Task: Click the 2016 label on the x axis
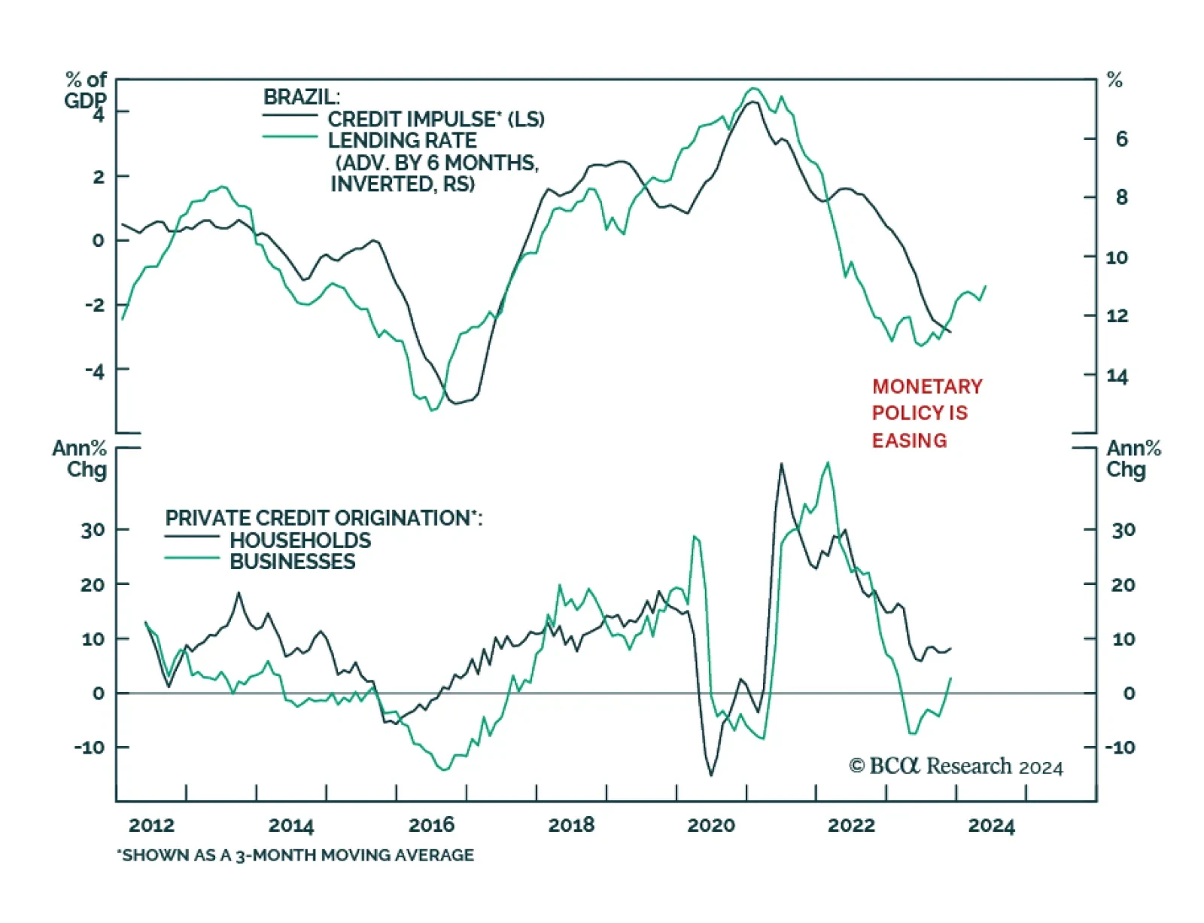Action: click(431, 825)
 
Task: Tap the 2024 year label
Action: click(991, 825)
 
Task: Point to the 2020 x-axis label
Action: click(711, 825)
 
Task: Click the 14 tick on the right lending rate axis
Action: click(1117, 376)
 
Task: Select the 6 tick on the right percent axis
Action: click(1121, 139)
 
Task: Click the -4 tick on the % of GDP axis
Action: click(95, 370)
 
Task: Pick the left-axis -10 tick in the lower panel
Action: click(90, 748)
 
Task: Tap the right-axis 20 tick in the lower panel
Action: click(1123, 584)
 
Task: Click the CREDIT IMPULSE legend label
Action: click(436, 119)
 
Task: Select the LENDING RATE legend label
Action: click(402, 141)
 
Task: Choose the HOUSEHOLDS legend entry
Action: click(300, 540)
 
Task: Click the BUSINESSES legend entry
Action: click(292, 562)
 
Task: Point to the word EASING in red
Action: click(909, 440)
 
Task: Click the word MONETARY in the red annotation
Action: click(927, 386)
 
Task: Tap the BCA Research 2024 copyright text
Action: click(956, 766)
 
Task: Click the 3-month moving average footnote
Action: click(296, 855)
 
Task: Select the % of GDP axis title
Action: click(85, 90)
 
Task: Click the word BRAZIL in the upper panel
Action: click(301, 97)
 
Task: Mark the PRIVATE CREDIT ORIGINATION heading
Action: click(324, 518)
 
